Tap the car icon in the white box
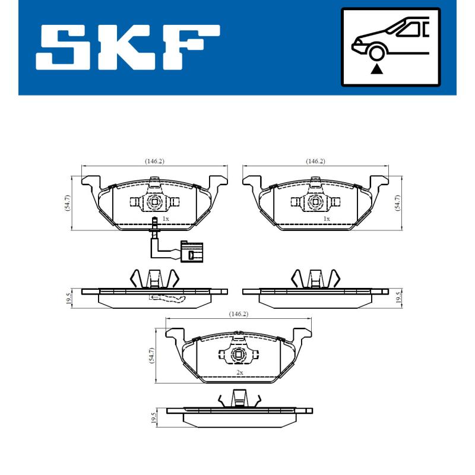(x=390, y=39)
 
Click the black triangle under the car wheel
(x=376, y=69)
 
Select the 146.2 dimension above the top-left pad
(x=154, y=161)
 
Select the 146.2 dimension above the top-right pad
(x=315, y=161)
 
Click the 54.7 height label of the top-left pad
(x=67, y=203)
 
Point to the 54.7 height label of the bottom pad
(x=152, y=355)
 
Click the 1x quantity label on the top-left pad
(x=166, y=219)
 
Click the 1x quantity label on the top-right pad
(x=326, y=219)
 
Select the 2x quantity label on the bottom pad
(x=240, y=372)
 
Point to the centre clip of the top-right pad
(x=315, y=202)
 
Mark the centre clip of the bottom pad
(x=239, y=356)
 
